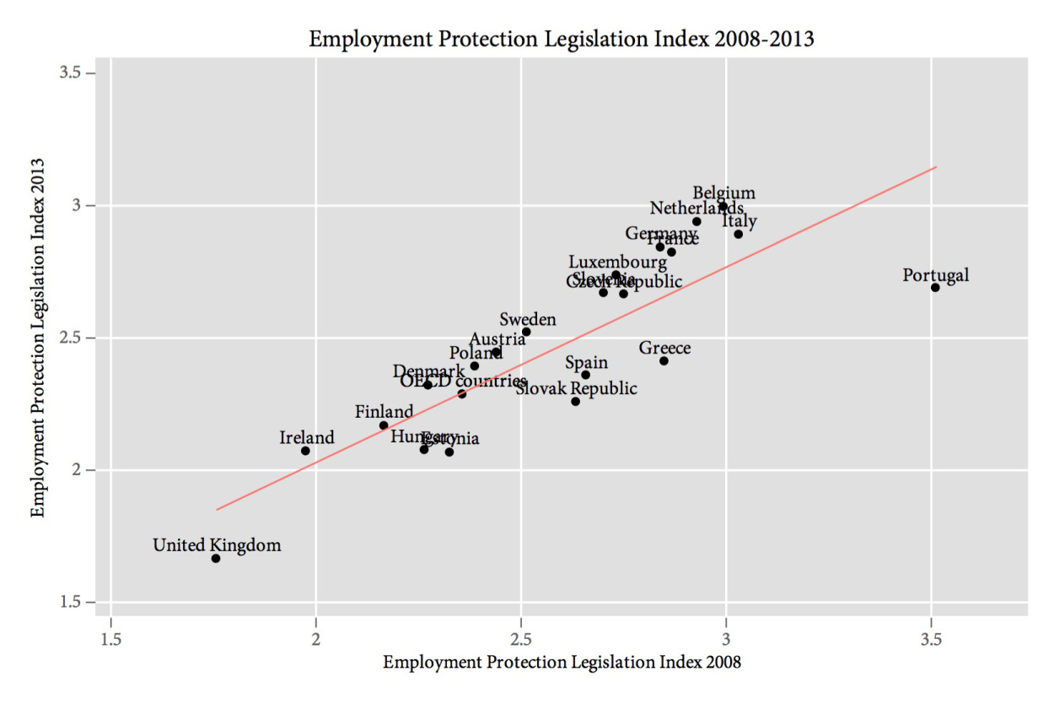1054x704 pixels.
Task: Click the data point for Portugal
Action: (x=935, y=288)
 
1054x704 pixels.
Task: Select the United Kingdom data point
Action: (x=216, y=559)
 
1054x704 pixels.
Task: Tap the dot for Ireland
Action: (x=305, y=451)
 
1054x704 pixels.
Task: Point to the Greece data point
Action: (x=664, y=361)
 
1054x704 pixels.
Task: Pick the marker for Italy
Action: (x=738, y=234)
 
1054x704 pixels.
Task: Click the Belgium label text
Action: (x=723, y=193)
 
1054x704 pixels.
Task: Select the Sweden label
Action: (x=528, y=319)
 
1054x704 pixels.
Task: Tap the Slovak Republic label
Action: (x=577, y=388)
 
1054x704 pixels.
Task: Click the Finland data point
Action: (x=384, y=425)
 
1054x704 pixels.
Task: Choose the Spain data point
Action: (x=585, y=375)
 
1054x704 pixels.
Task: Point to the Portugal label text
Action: (x=935, y=275)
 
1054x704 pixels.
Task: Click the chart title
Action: (x=561, y=39)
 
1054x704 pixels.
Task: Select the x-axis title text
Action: (x=562, y=663)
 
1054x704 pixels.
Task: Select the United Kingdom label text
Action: (x=217, y=545)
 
